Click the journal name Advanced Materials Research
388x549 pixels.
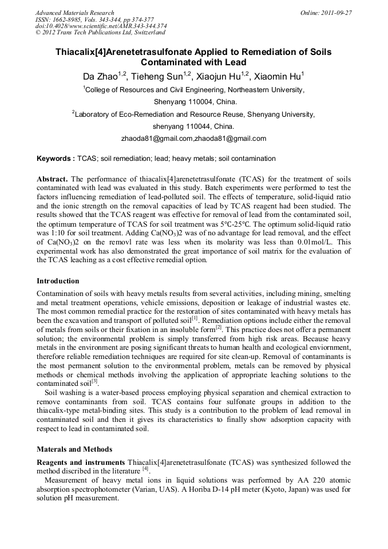tap(74, 13)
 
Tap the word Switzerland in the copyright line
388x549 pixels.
tap(140, 33)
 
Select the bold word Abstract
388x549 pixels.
tap(52, 179)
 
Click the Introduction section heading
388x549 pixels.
tap(58, 281)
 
